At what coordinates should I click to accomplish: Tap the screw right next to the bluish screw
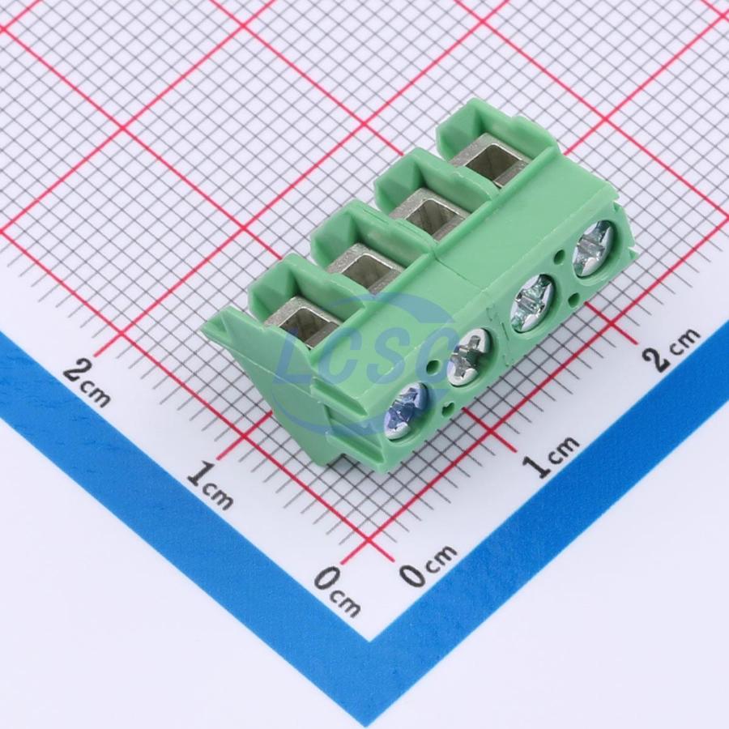pos(468,357)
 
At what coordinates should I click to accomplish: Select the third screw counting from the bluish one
pos(533,303)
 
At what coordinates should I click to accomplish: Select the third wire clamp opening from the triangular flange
pos(425,214)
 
